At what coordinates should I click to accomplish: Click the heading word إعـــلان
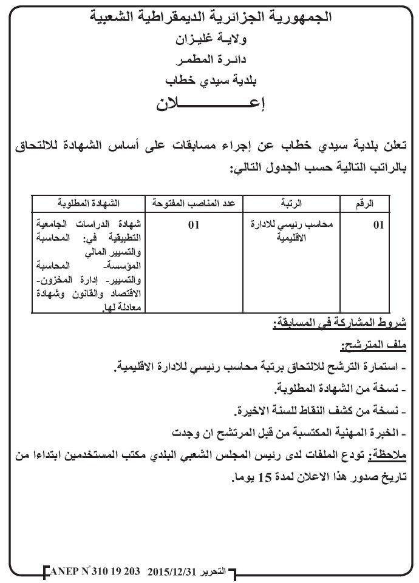[x=210, y=104]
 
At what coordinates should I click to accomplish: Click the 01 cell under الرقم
[x=378, y=225]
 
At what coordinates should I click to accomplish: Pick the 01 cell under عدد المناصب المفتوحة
[x=194, y=225]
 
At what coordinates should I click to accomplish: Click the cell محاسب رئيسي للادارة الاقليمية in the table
[x=293, y=231]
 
